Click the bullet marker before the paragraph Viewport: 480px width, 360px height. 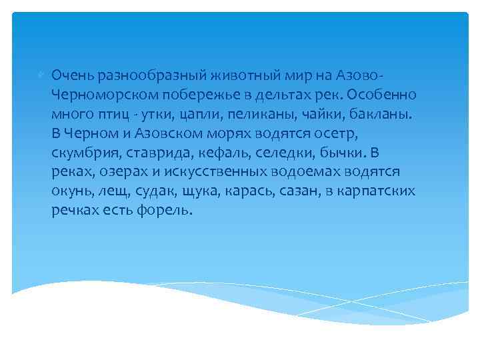pyautogui.click(x=41, y=71)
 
